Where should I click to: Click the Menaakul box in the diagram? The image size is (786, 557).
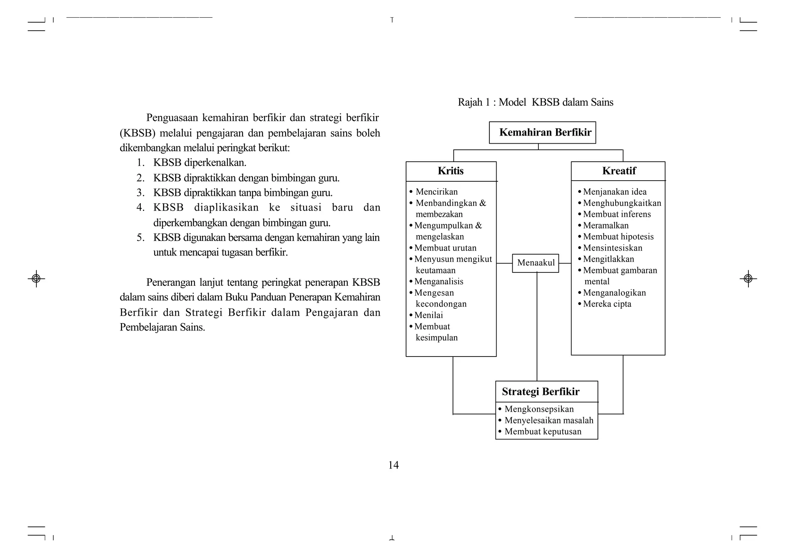(x=535, y=263)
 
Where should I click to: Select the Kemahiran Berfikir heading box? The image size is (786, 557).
(x=542, y=133)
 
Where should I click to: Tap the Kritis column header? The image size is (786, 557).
(x=451, y=171)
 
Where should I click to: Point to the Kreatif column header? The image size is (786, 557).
(x=619, y=171)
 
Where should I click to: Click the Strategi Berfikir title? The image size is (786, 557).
(x=540, y=392)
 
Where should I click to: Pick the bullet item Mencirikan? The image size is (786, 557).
(x=436, y=192)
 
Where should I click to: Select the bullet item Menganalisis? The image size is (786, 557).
(x=439, y=282)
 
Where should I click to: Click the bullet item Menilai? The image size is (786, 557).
(x=428, y=315)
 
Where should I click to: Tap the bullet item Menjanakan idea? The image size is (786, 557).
(x=614, y=192)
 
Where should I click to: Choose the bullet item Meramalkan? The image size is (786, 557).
(x=606, y=225)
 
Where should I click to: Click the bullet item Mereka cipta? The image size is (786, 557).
(x=607, y=304)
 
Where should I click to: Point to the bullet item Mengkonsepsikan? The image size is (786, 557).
(x=539, y=409)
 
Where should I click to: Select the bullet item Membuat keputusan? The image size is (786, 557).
(x=543, y=431)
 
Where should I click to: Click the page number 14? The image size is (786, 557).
(x=393, y=465)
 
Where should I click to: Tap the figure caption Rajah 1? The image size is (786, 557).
(x=535, y=102)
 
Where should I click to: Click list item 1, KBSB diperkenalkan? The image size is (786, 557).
(x=200, y=163)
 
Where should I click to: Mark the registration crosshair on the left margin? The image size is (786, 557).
(x=36, y=278)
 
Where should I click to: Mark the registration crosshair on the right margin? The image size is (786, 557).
(x=748, y=278)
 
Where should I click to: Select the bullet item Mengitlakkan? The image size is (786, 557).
(x=608, y=259)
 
